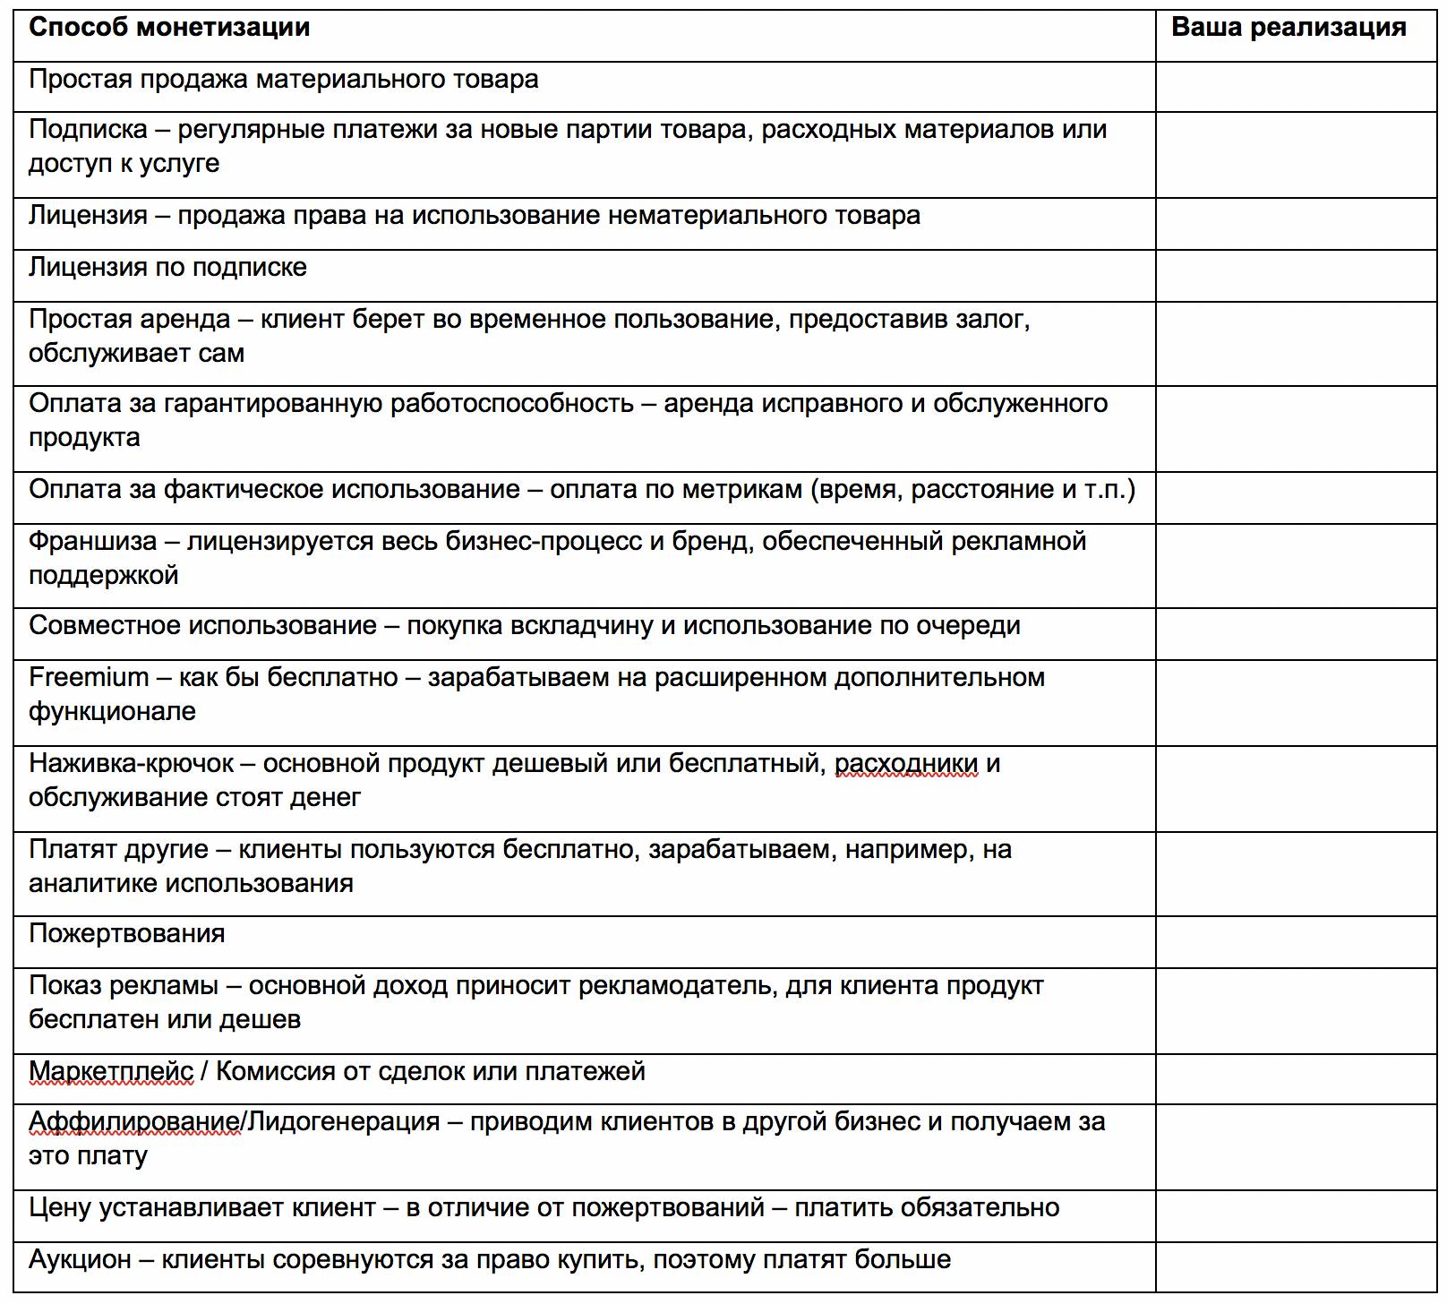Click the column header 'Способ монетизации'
[x=169, y=28]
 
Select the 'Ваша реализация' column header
[x=1289, y=28]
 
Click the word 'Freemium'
[x=89, y=677]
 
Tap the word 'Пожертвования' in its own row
[x=126, y=933]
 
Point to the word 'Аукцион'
[x=80, y=1259]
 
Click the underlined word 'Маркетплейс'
[x=111, y=1071]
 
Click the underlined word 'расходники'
[x=906, y=763]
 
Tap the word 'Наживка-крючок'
[x=131, y=763]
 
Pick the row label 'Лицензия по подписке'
[x=167, y=267]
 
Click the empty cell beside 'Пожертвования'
[x=1296, y=940]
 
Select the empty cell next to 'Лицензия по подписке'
[x=1296, y=275]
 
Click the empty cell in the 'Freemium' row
[x=1296, y=702]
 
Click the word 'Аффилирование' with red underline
[x=134, y=1121]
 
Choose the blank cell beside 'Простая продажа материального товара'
[x=1296, y=87]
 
